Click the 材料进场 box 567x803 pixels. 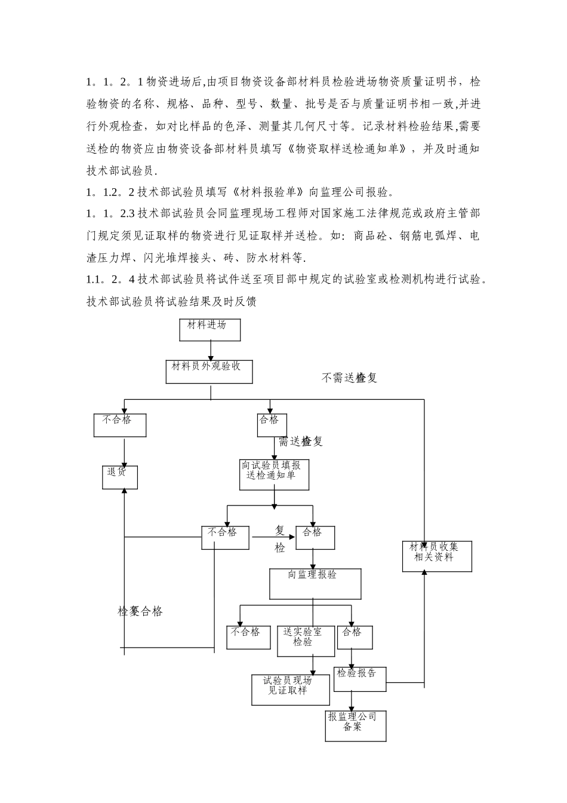tap(209, 330)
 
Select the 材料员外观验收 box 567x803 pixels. tap(209, 371)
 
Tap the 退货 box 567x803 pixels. tap(119, 477)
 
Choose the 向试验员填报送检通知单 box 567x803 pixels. tap(274, 474)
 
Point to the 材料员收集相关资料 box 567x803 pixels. tap(437, 556)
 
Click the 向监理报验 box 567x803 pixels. tap(315, 583)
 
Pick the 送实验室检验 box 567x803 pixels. tap(306, 640)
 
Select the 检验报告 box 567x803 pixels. tap(359, 679)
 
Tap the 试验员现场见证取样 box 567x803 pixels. tap(290, 689)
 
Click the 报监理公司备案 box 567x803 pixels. tap(356, 725)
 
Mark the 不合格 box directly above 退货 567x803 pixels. tap(119, 425)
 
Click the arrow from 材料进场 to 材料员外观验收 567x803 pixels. tap(210, 350)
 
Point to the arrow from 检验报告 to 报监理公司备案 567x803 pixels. tap(352, 701)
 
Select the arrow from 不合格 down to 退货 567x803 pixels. tap(124, 452)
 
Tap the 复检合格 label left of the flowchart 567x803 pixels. tap(140, 611)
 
